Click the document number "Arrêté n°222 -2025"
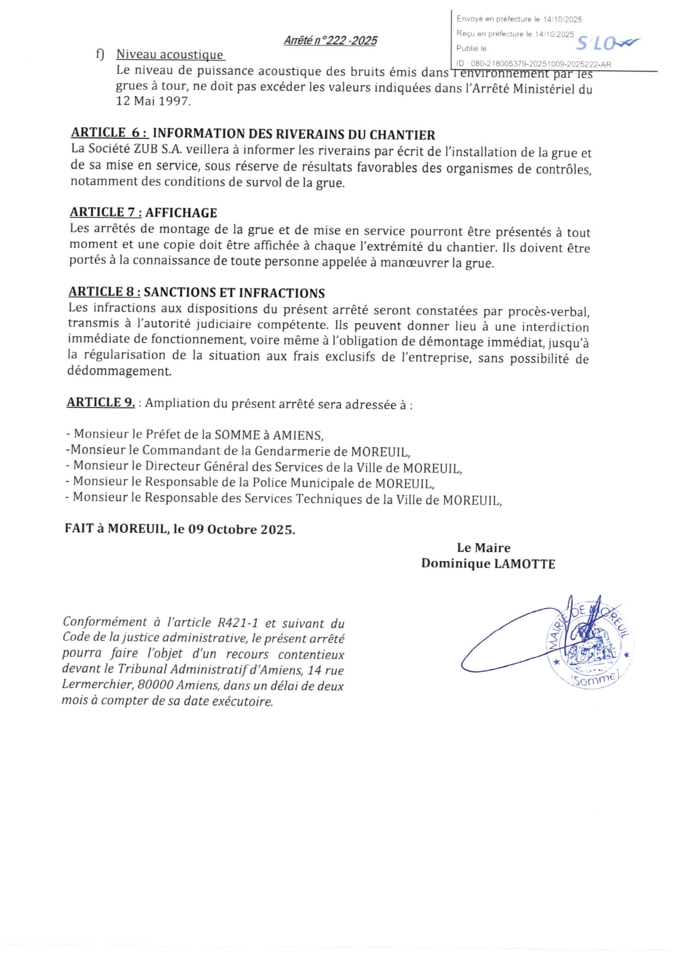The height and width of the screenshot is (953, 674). coord(330,41)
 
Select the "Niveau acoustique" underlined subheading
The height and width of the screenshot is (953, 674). coord(170,55)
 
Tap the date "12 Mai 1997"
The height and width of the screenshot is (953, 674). coord(153,101)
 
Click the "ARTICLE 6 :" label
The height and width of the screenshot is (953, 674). coord(110,133)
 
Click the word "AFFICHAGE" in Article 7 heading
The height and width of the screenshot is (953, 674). coord(181,213)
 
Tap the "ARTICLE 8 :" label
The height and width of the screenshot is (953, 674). coord(104,292)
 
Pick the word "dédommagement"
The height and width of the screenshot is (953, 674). coord(119,371)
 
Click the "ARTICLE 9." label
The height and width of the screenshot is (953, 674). coord(101,402)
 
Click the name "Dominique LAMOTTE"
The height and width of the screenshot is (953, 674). coord(488,564)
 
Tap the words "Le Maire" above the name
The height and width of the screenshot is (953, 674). coord(484,548)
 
